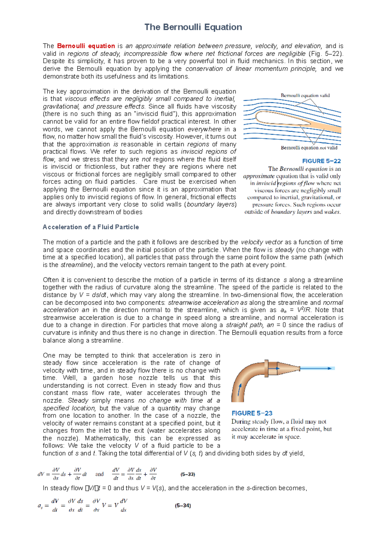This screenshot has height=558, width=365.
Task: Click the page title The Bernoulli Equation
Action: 193,27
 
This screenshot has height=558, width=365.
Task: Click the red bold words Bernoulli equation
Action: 86,46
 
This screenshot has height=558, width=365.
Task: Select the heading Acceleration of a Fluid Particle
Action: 91,227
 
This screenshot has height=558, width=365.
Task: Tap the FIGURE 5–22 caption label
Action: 321,161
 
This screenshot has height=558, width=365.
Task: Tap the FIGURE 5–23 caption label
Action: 252,413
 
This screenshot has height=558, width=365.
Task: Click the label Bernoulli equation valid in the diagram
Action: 305,95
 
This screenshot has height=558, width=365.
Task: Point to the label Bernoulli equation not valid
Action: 309,148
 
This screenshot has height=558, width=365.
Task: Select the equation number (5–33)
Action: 188,474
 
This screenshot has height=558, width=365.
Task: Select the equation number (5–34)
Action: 183,505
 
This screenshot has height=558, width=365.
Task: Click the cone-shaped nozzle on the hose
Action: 288,368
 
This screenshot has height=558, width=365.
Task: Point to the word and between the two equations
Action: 99,474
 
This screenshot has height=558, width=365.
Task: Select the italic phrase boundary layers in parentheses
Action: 210,204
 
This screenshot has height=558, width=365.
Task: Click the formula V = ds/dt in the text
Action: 92,295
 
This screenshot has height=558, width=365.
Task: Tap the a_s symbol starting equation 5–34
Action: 40,506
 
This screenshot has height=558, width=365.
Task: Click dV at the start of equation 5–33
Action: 41,474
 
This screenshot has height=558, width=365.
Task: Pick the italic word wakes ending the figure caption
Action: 332,212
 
